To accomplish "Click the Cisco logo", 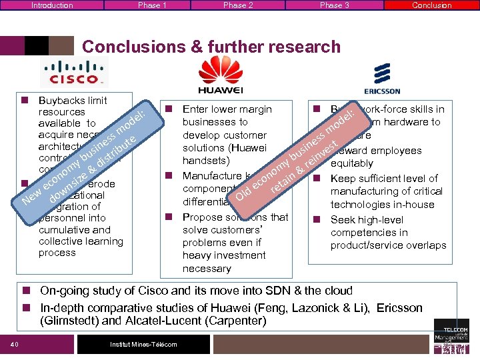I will coord(73,71).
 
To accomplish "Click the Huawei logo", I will coord(219,74).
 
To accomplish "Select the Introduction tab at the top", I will coord(52,5).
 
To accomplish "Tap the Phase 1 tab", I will coord(149,5).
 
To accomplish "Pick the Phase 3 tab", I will coord(334,5).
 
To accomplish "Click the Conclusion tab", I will coord(431,5).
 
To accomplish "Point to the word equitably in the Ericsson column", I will coord(352,163).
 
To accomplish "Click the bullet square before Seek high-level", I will coord(319,220).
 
